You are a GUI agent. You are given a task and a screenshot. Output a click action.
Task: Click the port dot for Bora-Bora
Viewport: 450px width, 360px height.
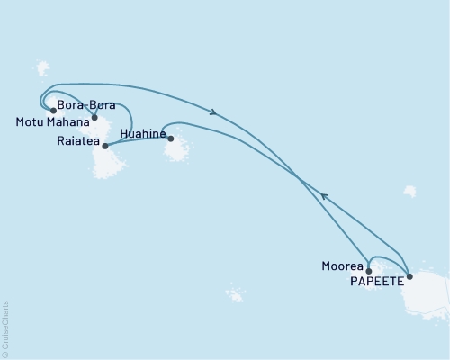pyautogui.click(x=94, y=117)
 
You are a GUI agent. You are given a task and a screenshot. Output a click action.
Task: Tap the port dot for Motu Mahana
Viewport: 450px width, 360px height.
pyautogui.click(x=54, y=112)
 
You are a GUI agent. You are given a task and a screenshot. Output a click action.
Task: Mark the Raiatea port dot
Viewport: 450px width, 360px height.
pyautogui.click(x=105, y=146)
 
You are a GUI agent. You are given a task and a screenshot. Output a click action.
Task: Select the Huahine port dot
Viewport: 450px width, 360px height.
pyautogui.click(x=171, y=139)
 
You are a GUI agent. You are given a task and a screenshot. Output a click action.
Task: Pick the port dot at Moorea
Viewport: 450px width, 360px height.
pyautogui.click(x=369, y=270)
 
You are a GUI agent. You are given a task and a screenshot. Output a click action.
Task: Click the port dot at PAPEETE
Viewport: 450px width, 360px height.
pyautogui.click(x=409, y=276)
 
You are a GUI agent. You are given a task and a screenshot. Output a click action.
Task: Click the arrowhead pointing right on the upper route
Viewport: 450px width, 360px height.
pyautogui.click(x=213, y=112)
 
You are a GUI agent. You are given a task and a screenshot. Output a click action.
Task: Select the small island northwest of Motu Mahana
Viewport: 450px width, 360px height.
pyautogui.click(x=42, y=68)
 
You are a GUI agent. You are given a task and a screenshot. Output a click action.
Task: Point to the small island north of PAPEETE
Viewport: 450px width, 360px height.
pyautogui.click(x=410, y=191)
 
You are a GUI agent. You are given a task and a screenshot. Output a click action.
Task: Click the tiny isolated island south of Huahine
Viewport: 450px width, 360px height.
pyautogui.click(x=235, y=294)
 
